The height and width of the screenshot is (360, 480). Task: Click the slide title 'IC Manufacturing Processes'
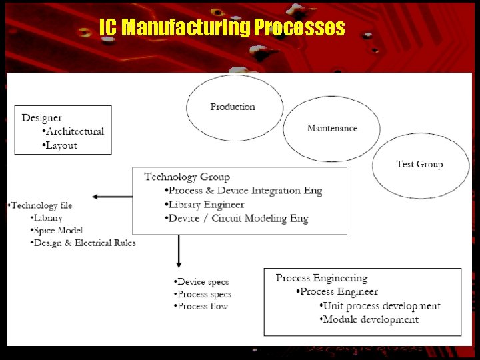click(222, 28)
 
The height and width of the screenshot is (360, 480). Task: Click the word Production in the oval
click(233, 107)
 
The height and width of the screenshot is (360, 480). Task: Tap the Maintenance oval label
click(332, 128)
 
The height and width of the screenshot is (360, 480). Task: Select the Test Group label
click(419, 164)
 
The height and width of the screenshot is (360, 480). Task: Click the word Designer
click(42, 117)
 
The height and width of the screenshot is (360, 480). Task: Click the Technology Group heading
click(187, 177)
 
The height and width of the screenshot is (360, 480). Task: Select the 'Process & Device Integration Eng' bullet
click(244, 191)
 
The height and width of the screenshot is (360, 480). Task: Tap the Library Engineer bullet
click(206, 205)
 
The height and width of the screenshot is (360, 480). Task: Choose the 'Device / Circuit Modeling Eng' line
click(238, 219)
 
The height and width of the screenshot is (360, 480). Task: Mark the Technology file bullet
click(41, 205)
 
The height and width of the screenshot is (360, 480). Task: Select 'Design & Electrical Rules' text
click(85, 243)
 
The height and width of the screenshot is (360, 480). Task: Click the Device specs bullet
click(202, 282)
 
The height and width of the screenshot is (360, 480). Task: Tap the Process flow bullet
click(202, 307)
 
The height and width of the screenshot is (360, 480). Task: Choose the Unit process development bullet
click(381, 306)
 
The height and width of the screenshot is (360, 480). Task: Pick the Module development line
click(371, 319)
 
